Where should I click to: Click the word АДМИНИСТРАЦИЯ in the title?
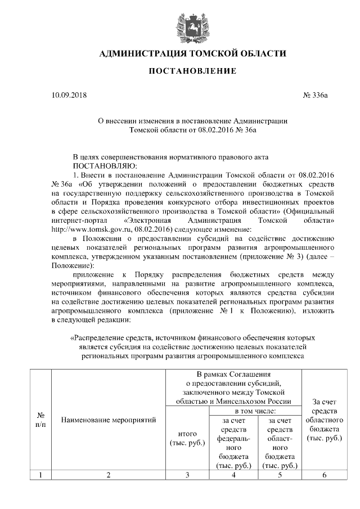click(139, 54)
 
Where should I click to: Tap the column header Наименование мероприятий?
click(108, 420)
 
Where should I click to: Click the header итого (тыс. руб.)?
click(187, 439)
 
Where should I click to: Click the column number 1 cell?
click(40, 475)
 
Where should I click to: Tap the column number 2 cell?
click(108, 475)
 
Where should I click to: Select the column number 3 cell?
click(187, 475)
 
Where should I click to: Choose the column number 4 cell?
click(234, 475)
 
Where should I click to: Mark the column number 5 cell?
click(280, 475)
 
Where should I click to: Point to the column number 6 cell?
click(324, 475)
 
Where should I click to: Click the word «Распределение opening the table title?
click(100, 339)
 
